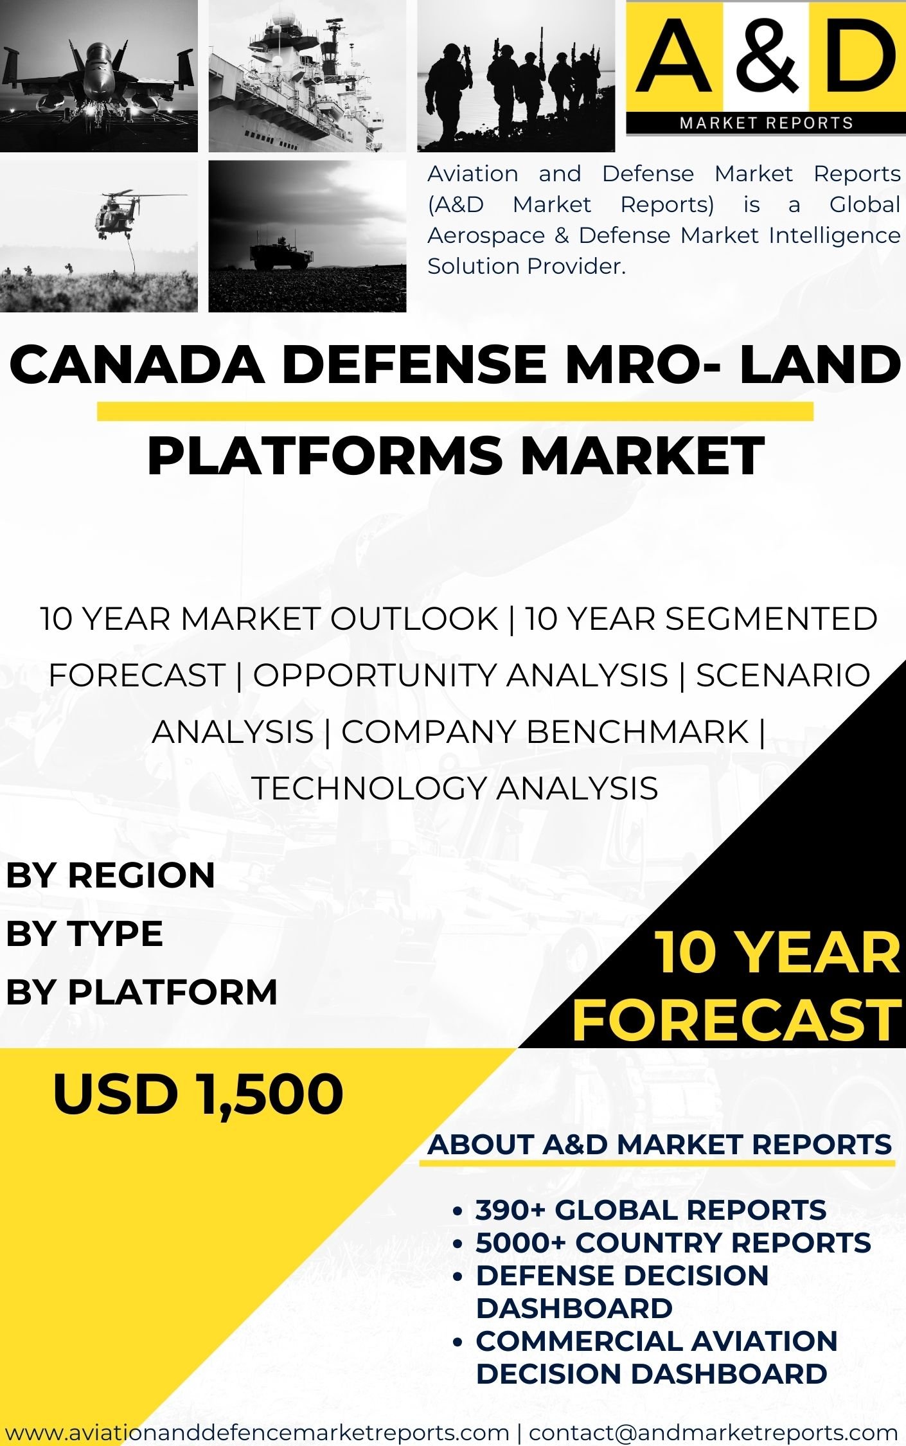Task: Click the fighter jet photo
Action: pyautogui.click(x=99, y=76)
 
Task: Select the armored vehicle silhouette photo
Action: pyautogui.click(x=307, y=237)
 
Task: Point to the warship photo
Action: pyautogui.click(x=307, y=76)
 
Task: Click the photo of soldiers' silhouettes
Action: pyautogui.click(x=516, y=76)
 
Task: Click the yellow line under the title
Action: pyautogui.click(x=455, y=411)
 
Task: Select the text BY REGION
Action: pyautogui.click(x=111, y=875)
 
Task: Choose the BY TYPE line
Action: pyautogui.click(x=84, y=933)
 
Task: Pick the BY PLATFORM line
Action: pyautogui.click(x=141, y=991)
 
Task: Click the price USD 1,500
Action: pyautogui.click(x=198, y=1094)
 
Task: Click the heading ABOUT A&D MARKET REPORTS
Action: pyautogui.click(x=660, y=1145)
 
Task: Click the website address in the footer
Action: pyautogui.click(x=256, y=1433)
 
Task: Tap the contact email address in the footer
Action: pyautogui.click(x=713, y=1433)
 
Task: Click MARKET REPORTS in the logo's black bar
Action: pyautogui.click(x=767, y=123)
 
